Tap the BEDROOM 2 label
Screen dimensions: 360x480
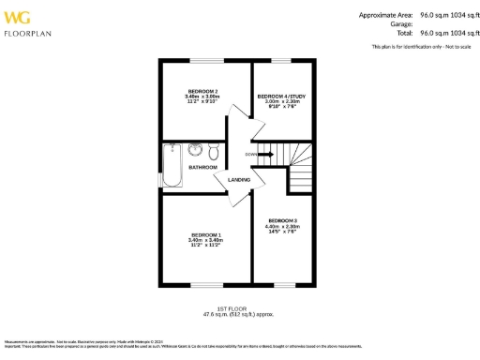tap(202, 91)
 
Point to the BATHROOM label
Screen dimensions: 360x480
tap(202, 167)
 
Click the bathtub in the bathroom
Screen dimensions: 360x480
tap(171, 166)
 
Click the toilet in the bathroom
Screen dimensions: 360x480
tap(214, 151)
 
